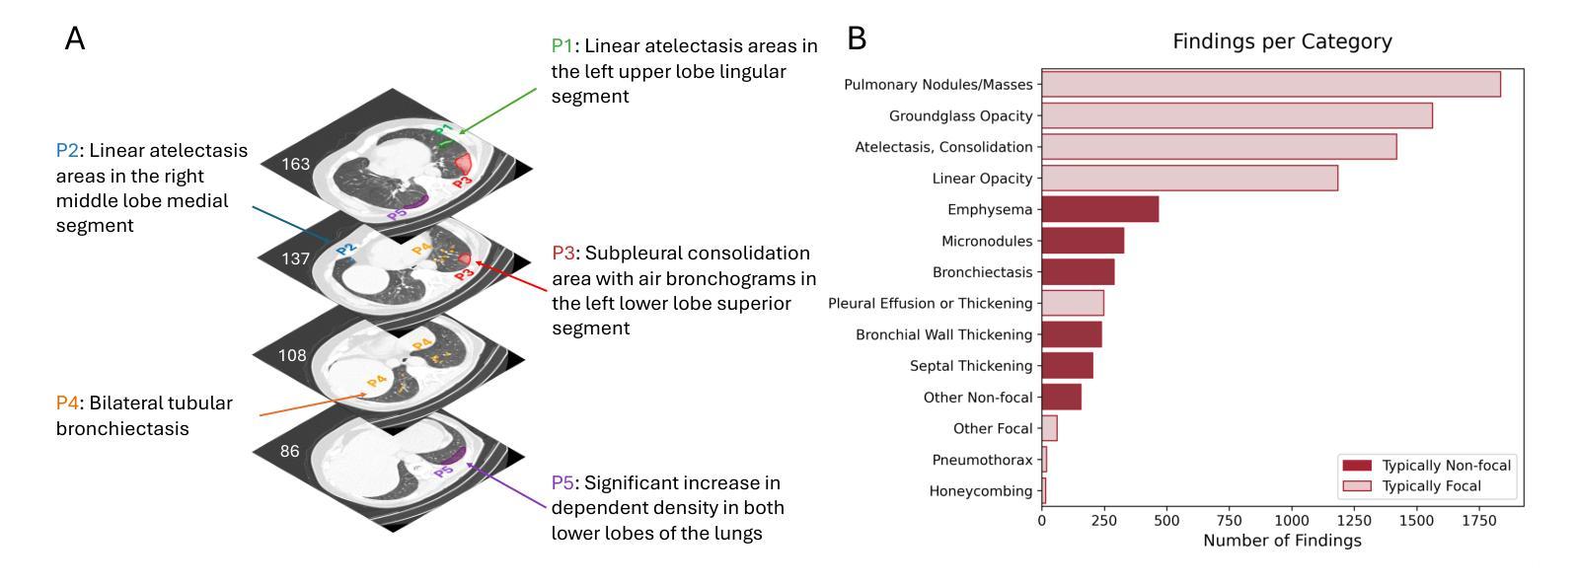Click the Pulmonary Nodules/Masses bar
pyautogui.click(x=1270, y=85)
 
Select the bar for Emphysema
pyautogui.click(x=1099, y=209)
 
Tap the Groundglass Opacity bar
pyautogui.click(x=1237, y=115)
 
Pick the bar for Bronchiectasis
pyautogui.click(x=1078, y=272)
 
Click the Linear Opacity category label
pyautogui.click(x=982, y=179)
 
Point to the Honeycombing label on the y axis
pyautogui.click(x=980, y=491)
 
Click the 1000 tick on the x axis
pyautogui.click(x=1291, y=521)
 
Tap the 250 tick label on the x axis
pyautogui.click(x=1103, y=521)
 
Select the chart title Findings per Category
pyautogui.click(x=1281, y=41)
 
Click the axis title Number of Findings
pyautogui.click(x=1281, y=541)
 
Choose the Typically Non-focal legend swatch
pyautogui.click(x=1356, y=466)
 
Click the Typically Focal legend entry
pyautogui.click(x=1431, y=486)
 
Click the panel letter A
pyautogui.click(x=75, y=39)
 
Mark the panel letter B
pyautogui.click(x=857, y=39)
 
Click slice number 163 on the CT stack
pyautogui.click(x=296, y=164)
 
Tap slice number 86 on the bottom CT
pyautogui.click(x=289, y=452)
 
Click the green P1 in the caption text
pyautogui.click(x=562, y=46)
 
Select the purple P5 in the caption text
pyautogui.click(x=562, y=483)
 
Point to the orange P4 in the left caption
pyautogui.click(x=67, y=403)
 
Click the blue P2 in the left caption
pyautogui.click(x=67, y=151)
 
